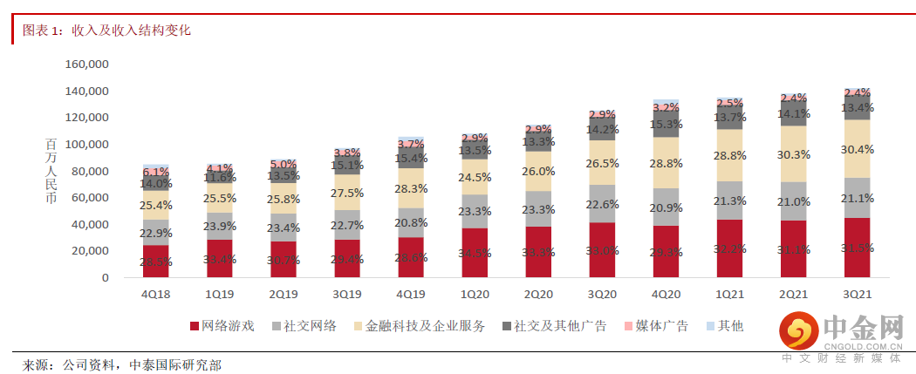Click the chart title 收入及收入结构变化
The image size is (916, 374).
[x=131, y=31]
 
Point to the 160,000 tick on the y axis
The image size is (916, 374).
[x=86, y=65]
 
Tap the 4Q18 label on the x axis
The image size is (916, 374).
[x=155, y=296]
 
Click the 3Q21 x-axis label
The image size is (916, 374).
[x=858, y=296]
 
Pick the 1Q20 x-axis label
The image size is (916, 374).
[x=475, y=296]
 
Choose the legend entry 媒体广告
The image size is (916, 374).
[x=662, y=326]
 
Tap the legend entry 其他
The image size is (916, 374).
[x=730, y=326]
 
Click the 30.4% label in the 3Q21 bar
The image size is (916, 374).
[x=858, y=149]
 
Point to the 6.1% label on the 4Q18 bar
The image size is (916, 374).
[x=155, y=173]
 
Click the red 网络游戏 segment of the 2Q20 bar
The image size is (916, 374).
[x=538, y=253]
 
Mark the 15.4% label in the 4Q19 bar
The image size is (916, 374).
[x=411, y=159]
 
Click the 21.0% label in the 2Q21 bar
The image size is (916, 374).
[x=794, y=202]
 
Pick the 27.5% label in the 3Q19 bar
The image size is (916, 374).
[x=347, y=193]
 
